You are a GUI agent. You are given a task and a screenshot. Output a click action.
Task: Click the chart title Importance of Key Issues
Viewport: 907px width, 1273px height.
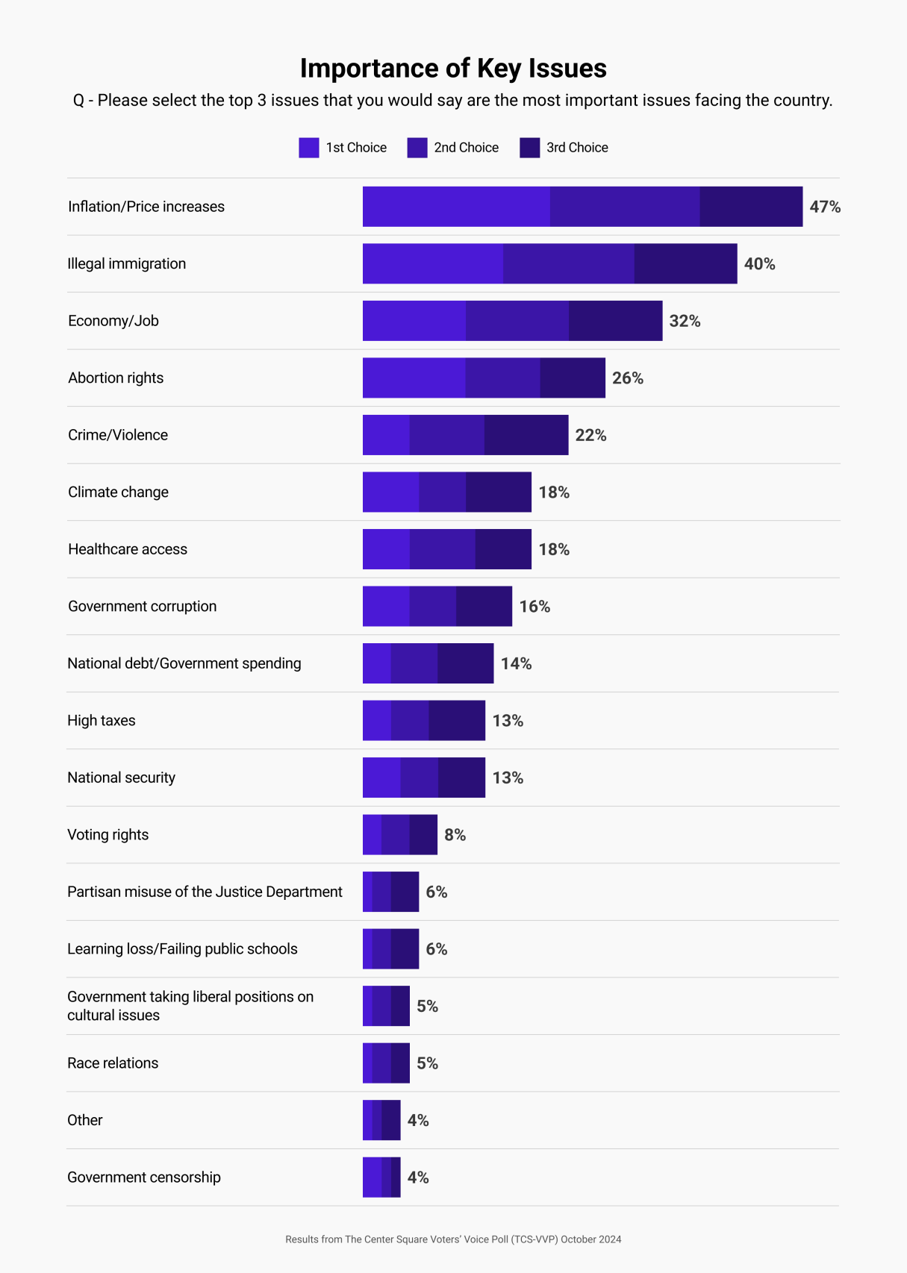453,68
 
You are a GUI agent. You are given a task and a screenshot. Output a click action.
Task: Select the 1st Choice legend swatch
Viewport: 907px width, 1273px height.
308,148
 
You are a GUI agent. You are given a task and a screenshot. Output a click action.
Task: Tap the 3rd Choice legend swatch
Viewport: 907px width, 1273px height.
529,148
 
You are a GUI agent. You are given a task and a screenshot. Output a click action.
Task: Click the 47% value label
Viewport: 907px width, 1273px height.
825,207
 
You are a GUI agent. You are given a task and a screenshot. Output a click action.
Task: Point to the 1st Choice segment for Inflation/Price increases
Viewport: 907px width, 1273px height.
456,207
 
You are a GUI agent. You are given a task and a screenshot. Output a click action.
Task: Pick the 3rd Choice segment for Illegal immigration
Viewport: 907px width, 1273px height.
685,263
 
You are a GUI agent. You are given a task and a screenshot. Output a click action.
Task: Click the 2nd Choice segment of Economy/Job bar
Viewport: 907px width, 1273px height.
517,321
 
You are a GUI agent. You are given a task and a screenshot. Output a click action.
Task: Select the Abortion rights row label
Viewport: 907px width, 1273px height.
116,378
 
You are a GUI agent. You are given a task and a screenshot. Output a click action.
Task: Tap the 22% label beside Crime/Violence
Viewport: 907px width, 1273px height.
590,435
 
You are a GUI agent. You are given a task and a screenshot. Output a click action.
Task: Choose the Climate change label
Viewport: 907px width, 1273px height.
118,492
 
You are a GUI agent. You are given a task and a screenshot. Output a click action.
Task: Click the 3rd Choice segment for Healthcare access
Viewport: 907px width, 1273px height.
503,549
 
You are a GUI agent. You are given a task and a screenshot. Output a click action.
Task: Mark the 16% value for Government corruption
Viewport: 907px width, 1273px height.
534,607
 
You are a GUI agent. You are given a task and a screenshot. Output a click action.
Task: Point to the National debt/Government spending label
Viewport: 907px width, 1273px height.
184,663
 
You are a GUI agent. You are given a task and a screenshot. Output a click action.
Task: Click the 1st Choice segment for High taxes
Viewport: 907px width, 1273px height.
377,721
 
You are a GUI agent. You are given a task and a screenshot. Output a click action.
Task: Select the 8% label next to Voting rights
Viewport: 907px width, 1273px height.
455,835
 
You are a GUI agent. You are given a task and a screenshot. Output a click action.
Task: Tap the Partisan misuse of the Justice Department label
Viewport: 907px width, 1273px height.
205,892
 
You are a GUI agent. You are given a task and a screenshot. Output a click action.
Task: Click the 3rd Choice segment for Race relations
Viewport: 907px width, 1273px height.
400,1063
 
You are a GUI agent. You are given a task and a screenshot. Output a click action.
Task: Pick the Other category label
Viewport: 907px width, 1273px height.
85,1120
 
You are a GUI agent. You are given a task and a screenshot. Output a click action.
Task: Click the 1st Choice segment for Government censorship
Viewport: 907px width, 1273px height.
372,1177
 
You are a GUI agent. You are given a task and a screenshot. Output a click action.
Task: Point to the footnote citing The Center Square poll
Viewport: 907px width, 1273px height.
453,1239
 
